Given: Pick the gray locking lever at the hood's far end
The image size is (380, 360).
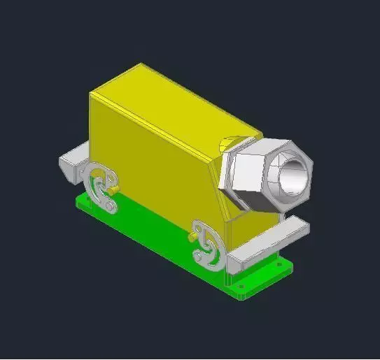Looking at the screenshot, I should click(x=102, y=185).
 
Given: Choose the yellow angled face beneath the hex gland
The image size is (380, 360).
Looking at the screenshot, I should click(x=238, y=210).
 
